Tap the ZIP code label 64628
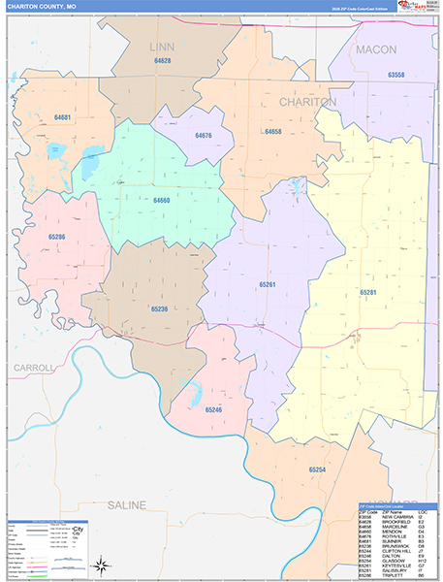[x=162, y=61]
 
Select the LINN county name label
[x=162, y=47]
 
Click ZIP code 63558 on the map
[x=396, y=75]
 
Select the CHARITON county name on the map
[x=307, y=102]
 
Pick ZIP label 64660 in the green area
[x=162, y=200]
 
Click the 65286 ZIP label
[x=57, y=237]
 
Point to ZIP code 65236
[x=159, y=307]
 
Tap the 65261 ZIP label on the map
[x=268, y=284]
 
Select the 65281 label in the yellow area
[x=368, y=292]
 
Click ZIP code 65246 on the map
[x=213, y=410]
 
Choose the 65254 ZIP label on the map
[x=317, y=469]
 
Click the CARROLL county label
[x=34, y=369]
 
